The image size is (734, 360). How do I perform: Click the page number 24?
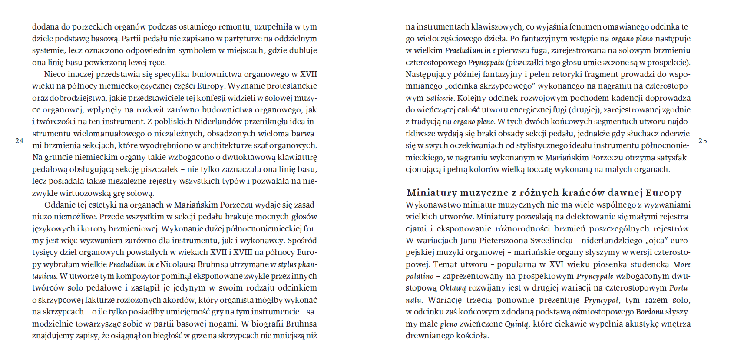(19, 141)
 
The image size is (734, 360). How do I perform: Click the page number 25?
(703, 141)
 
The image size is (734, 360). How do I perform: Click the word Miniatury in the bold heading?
(432, 193)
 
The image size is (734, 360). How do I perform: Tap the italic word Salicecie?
(440, 98)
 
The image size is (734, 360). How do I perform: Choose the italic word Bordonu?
(649, 312)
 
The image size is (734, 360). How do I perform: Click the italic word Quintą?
(517, 324)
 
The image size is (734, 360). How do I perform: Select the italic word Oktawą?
(453, 288)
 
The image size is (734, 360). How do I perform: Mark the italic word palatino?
(420, 276)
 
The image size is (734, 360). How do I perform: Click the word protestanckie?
(291, 86)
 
